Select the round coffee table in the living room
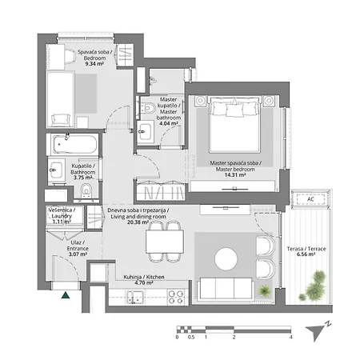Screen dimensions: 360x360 pos(226,258)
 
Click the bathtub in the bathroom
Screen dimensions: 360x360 pos(72,146)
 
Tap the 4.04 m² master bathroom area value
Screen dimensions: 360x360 pos(169,124)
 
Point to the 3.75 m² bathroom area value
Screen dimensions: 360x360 pos(84,179)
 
